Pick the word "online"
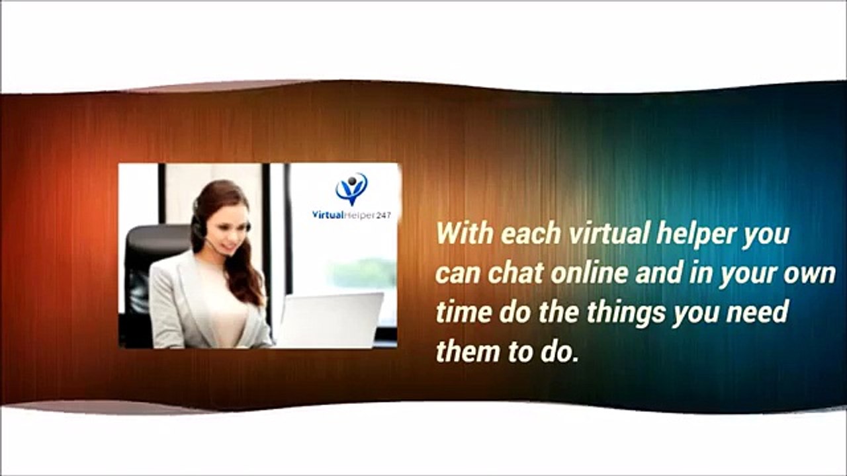589,273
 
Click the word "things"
627,314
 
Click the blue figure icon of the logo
351,188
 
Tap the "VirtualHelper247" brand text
351,216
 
